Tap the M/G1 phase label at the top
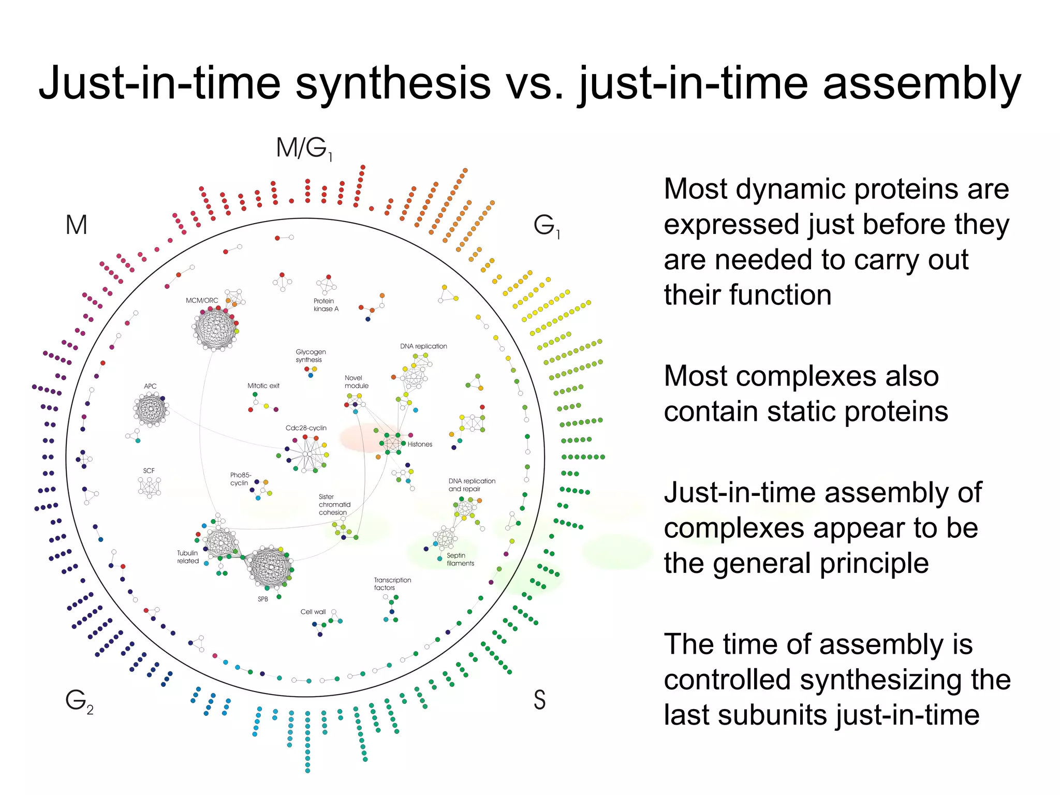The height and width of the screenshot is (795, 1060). pyautogui.click(x=304, y=149)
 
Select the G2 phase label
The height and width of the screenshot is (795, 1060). pyautogui.click(x=79, y=701)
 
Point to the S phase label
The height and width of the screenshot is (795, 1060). pyautogui.click(x=539, y=700)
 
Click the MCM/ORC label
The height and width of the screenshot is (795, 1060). pyautogui.click(x=202, y=300)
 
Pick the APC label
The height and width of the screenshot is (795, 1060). pyautogui.click(x=150, y=386)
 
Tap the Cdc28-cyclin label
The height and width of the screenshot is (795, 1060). pyautogui.click(x=306, y=428)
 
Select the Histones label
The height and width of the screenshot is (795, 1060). pyautogui.click(x=420, y=444)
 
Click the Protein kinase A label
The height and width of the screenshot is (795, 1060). pyautogui.click(x=326, y=305)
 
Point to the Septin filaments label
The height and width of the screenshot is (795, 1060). pyautogui.click(x=460, y=560)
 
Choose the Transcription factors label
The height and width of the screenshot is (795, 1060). pyautogui.click(x=392, y=584)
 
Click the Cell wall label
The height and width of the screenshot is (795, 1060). pyautogui.click(x=313, y=612)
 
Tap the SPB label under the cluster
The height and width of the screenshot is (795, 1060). pyautogui.click(x=263, y=599)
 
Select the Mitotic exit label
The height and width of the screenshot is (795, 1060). pyautogui.click(x=263, y=386)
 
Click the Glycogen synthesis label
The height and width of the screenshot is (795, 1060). pyautogui.click(x=311, y=356)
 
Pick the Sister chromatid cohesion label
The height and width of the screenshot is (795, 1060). pyautogui.click(x=334, y=505)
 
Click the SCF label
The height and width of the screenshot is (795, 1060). pyautogui.click(x=149, y=470)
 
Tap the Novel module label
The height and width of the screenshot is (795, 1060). pyautogui.click(x=356, y=382)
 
